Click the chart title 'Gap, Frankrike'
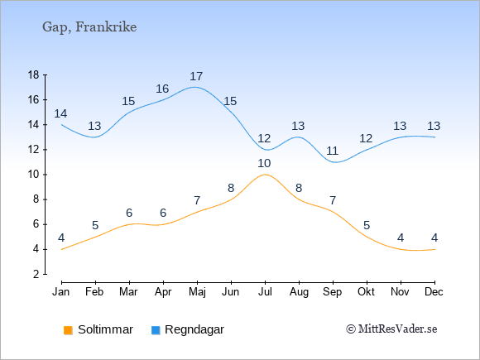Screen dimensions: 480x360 tap(89, 27)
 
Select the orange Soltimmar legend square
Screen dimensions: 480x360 tap(68, 330)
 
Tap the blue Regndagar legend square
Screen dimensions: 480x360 tap(156, 330)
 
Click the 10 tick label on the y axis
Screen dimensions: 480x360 tap(34, 175)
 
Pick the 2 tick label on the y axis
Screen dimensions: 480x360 tap(36, 274)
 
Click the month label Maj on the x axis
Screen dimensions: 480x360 tap(197, 292)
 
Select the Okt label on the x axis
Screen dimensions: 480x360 tap(366, 292)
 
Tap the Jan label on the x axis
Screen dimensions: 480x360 tap(61, 292)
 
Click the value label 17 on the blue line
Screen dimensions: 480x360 tap(196, 76)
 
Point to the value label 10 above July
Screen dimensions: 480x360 tap(264, 164)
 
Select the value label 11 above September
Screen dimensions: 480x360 tap(332, 151)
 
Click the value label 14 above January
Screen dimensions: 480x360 tap(60, 113)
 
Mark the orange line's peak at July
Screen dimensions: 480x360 tap(265, 175)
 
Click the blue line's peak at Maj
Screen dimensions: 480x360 tap(194, 87)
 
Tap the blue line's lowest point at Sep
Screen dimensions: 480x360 tap(335, 162)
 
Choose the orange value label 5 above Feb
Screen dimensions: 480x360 tap(95, 226)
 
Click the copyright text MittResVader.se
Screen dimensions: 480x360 tap(391, 329)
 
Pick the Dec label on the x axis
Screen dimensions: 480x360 tap(434, 292)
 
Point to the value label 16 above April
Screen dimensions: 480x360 tap(162, 89)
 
